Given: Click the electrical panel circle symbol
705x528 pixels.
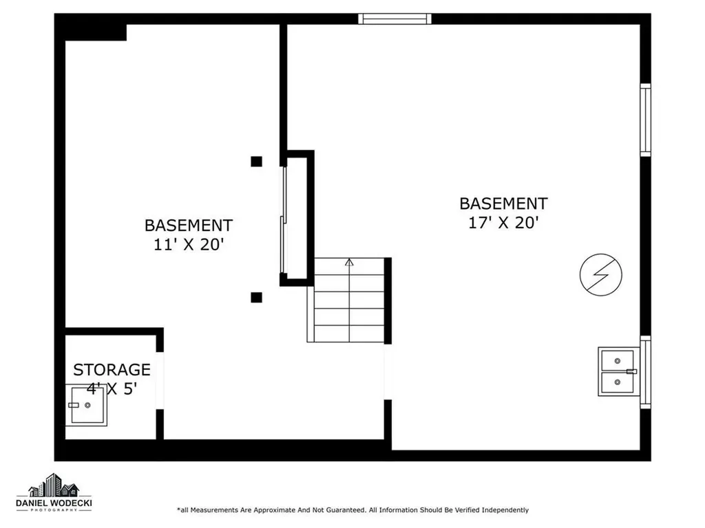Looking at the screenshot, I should pos(600,273).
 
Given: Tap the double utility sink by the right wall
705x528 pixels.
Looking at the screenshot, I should pos(617,371).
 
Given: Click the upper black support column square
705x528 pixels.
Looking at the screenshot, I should pos(256,162).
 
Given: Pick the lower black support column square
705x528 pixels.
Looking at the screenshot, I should pos(256,297).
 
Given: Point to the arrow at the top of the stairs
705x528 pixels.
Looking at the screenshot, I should pos(349,262).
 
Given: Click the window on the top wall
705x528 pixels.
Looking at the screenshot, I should pos(395,19).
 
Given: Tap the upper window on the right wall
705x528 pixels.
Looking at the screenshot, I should pos(645,120).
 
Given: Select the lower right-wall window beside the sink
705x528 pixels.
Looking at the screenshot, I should pos(645,372).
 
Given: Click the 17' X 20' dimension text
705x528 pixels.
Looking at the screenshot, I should pos(503,223).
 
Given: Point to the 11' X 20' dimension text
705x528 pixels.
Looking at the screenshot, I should pos(188,245).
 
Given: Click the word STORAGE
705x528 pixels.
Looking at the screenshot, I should pos(112,370).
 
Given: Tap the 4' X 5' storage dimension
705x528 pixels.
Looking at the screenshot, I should pos(112,388).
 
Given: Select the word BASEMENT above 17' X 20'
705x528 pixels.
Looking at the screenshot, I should pos(503,203).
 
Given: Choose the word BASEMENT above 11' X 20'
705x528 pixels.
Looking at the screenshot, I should pos(188,225).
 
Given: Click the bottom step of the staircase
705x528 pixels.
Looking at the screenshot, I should pos(349,334).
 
